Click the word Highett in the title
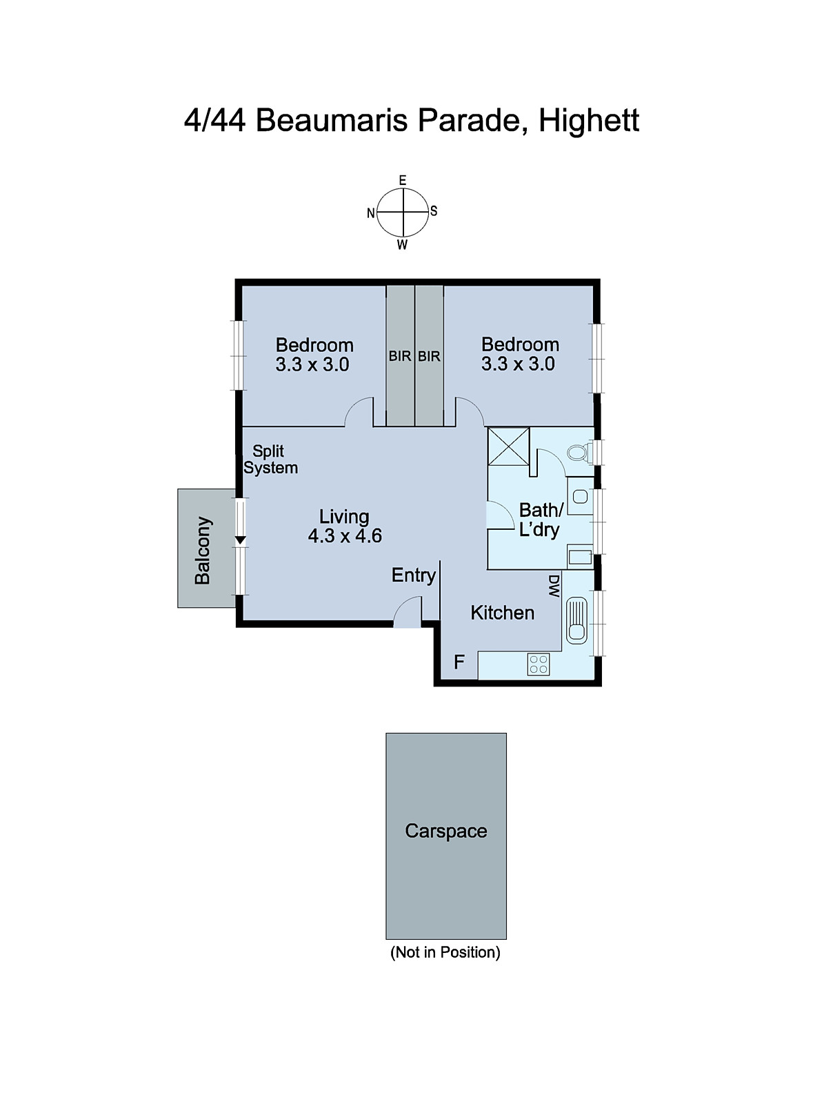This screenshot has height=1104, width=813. [x=588, y=120]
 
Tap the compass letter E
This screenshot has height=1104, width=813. [x=403, y=180]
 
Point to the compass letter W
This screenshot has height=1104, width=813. [x=402, y=245]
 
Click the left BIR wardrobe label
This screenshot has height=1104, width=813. [x=400, y=356]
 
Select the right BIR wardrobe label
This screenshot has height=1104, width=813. [x=429, y=356]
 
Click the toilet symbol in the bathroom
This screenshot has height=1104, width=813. [x=578, y=453]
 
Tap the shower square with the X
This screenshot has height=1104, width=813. [x=508, y=446]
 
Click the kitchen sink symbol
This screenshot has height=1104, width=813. [x=576, y=620]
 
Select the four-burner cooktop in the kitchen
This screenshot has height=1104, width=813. [x=539, y=664]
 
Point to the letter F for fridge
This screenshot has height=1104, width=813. [x=459, y=662]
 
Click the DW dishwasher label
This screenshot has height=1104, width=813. [x=553, y=586]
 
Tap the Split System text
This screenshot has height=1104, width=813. [x=270, y=460]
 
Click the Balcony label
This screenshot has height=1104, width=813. [x=203, y=550]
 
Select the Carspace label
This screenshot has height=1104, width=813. [x=445, y=831]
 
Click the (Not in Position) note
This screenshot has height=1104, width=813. [x=445, y=952]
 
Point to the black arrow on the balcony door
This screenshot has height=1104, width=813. [x=240, y=540]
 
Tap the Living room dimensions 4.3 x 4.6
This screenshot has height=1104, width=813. [x=345, y=536]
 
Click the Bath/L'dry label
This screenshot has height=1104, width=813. [x=540, y=520]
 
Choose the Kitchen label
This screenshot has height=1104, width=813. [x=502, y=613]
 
